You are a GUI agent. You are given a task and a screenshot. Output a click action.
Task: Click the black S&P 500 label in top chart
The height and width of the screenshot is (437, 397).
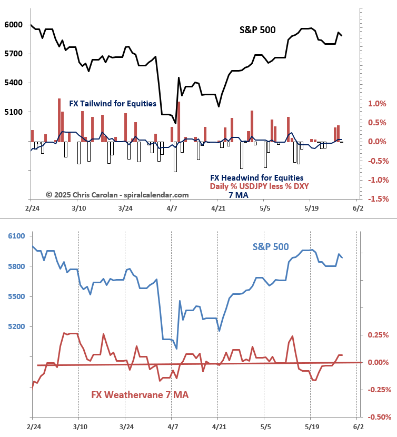click(x=257, y=30)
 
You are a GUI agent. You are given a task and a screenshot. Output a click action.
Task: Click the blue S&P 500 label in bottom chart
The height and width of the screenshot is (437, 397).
click(x=271, y=246)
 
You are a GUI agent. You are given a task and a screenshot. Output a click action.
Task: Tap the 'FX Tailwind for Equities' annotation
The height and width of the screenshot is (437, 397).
click(x=113, y=104)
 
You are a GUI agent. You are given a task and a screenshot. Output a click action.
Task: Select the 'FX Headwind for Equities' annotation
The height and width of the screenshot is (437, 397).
click(x=256, y=177)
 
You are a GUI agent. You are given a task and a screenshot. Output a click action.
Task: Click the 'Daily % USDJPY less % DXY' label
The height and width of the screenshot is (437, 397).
click(x=259, y=186)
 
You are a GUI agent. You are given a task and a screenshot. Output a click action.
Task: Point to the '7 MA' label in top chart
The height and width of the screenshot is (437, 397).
click(x=238, y=195)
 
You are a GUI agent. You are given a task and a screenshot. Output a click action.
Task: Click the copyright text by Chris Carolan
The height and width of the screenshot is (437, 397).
click(x=117, y=195)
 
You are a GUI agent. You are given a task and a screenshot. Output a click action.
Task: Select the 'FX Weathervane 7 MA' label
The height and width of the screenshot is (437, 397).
click(x=140, y=394)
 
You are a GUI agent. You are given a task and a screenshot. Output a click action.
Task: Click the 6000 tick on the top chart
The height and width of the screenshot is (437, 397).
click(x=14, y=25)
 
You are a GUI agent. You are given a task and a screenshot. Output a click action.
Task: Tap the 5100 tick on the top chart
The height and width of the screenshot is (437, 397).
click(x=14, y=112)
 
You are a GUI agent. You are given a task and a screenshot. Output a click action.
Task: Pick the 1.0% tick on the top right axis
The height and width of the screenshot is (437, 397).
click(x=378, y=104)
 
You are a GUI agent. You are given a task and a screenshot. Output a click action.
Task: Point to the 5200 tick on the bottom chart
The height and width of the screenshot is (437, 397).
click(x=16, y=327)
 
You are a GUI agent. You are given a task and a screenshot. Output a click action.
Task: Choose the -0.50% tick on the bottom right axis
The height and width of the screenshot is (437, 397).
click(x=379, y=418)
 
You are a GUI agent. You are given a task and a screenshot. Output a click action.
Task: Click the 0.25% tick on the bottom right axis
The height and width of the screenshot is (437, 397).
click(x=379, y=335)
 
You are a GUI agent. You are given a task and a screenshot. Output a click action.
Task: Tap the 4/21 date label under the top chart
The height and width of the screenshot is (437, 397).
click(x=218, y=209)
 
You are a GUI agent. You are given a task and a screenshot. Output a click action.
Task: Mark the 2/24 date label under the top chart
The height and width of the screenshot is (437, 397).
click(x=31, y=209)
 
